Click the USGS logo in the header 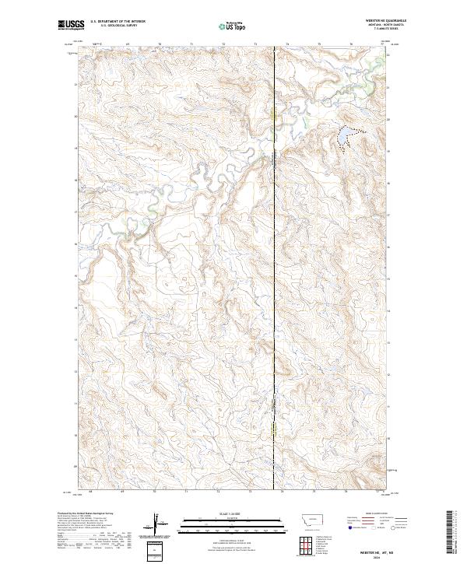[71, 25]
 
